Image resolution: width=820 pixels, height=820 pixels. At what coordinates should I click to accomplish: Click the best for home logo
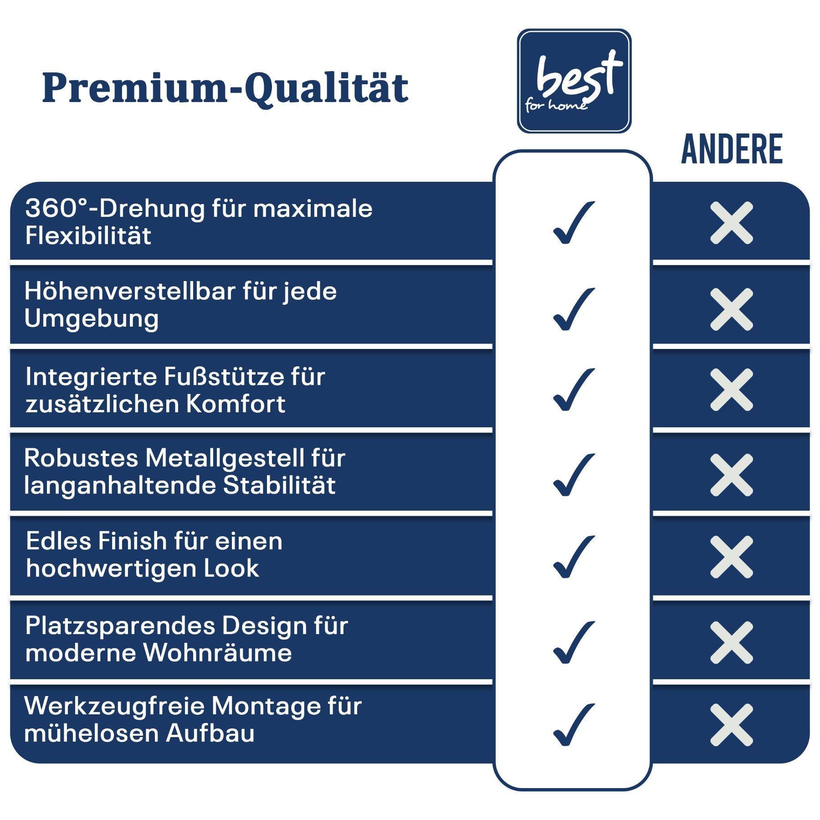(x=574, y=81)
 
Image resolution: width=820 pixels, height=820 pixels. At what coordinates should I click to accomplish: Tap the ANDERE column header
(x=732, y=149)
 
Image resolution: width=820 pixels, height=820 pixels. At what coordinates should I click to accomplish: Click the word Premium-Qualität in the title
(x=225, y=88)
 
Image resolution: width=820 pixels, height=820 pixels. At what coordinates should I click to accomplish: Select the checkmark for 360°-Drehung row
(x=574, y=222)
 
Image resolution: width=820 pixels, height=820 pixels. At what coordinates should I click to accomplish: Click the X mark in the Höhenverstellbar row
(x=732, y=309)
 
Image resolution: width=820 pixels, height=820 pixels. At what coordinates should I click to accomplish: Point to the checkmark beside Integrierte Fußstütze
(x=574, y=389)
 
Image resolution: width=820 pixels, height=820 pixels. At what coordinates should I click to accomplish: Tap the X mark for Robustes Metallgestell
(x=732, y=475)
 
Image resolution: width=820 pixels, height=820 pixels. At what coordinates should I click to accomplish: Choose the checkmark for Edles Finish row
(x=574, y=557)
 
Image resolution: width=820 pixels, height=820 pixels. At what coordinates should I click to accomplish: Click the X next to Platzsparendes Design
(x=732, y=642)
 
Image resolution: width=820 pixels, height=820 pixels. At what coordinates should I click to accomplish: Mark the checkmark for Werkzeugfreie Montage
(x=574, y=725)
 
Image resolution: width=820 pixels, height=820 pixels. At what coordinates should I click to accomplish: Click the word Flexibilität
(x=88, y=236)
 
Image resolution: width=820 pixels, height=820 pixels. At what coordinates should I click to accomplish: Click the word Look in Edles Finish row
(x=231, y=568)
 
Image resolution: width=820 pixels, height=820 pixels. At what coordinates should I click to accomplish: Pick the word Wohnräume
(x=218, y=652)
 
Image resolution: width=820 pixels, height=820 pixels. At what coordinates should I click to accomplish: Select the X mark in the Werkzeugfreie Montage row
(x=732, y=725)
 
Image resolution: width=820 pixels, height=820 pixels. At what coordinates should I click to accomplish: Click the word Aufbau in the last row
(x=210, y=733)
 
